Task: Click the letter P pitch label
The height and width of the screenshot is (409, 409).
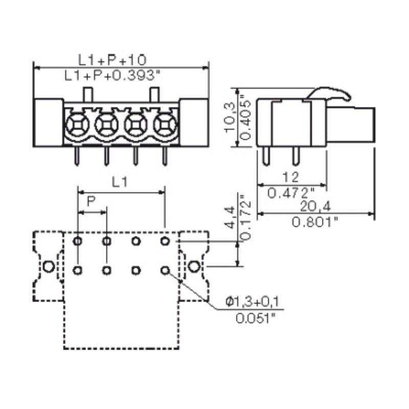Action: pos(91,201)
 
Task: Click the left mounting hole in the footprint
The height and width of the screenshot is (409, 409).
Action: pos(48,266)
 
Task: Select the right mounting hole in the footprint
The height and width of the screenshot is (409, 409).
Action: pos(193,266)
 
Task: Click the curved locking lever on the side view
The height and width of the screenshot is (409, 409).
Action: pos(332,94)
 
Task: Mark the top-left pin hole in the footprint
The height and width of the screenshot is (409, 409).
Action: pos(77,241)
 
